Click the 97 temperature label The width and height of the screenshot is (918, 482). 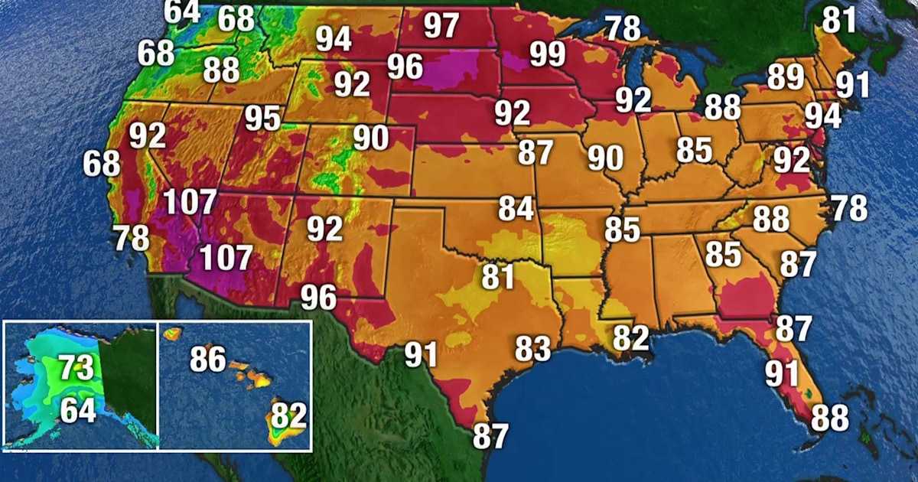click(441, 26)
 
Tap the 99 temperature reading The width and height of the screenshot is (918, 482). click(548, 54)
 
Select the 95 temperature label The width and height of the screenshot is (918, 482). click(263, 119)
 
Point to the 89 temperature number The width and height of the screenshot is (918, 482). click(786, 77)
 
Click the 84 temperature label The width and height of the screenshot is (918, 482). click(516, 208)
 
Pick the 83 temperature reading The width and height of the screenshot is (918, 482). click(532, 349)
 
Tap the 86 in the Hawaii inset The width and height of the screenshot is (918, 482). click(208, 359)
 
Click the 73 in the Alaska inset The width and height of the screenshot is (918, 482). click(76, 367)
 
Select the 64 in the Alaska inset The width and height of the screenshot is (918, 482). click(78, 410)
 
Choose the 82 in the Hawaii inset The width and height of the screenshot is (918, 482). click(289, 416)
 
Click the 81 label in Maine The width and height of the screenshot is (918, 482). click(838, 20)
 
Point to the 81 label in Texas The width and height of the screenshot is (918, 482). click(498, 276)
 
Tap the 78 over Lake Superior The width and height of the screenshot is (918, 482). click(623, 28)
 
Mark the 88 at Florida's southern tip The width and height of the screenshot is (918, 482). click(829, 418)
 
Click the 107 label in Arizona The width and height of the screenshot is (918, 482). click(225, 258)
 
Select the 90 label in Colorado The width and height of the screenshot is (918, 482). click(371, 138)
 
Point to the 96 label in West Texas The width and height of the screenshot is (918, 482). click(319, 297)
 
